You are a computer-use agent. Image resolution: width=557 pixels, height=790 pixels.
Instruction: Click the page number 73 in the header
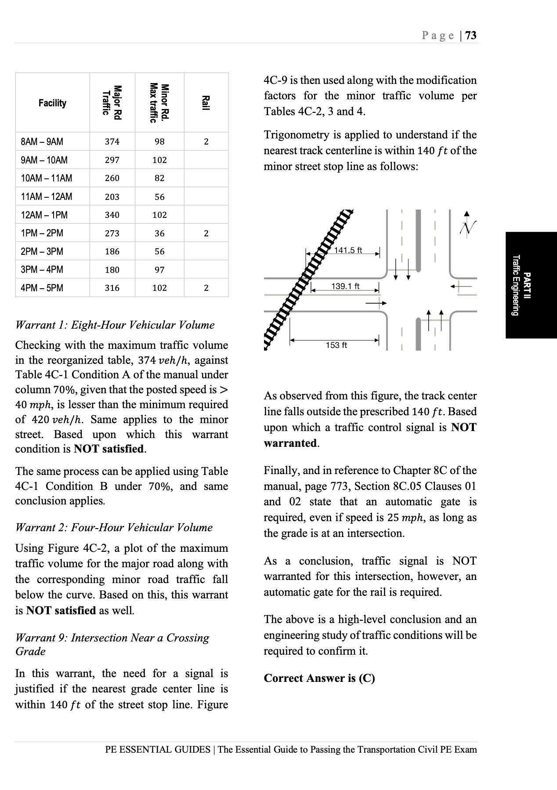tap(470, 36)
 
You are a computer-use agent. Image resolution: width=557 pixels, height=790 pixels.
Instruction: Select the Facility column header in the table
tap(52, 103)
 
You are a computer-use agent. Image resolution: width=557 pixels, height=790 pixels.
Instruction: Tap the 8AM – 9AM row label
tap(42, 141)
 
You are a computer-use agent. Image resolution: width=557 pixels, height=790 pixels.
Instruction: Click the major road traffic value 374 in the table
tap(112, 141)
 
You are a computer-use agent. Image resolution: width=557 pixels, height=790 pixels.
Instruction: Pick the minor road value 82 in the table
tap(159, 178)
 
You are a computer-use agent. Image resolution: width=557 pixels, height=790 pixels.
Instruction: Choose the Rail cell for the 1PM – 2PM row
tap(206, 233)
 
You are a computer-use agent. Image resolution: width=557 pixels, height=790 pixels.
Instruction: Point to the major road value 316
tap(112, 288)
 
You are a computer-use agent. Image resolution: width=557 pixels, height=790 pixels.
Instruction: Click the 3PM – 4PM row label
tap(42, 269)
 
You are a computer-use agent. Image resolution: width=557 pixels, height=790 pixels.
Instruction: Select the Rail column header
tap(206, 103)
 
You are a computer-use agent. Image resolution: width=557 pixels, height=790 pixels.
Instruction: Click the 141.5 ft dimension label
tap(348, 250)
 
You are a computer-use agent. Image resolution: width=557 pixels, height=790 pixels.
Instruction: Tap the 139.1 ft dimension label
tap(345, 286)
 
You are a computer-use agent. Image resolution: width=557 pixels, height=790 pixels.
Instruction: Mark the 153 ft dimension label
tap(336, 345)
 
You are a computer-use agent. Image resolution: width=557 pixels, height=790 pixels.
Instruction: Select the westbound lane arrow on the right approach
tap(460, 287)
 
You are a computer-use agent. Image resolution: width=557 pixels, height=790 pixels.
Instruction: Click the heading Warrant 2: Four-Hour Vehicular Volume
tap(114, 527)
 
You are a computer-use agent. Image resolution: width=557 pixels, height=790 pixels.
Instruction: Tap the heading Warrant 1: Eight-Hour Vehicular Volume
tap(115, 325)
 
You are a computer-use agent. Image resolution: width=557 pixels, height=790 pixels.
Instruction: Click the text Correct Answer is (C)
tap(319, 678)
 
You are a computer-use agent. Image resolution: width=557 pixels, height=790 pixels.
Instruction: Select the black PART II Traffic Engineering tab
tap(531, 285)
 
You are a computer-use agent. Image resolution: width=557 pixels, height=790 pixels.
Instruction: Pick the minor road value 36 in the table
tap(159, 233)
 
